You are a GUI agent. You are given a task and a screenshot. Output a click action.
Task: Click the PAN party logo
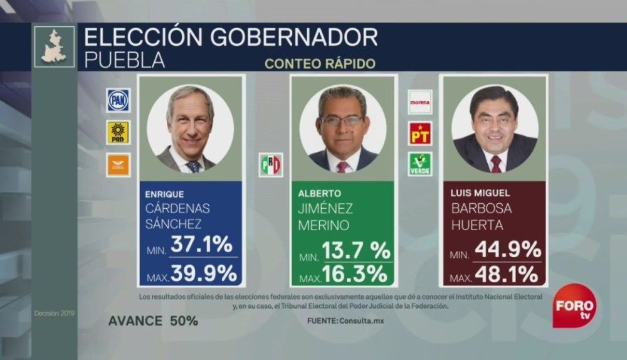pyautogui.click(x=118, y=100)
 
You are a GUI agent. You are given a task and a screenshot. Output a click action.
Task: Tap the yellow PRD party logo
pyautogui.click(x=118, y=132)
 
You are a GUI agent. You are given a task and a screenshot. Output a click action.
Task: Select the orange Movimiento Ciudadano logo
pyautogui.click(x=118, y=164)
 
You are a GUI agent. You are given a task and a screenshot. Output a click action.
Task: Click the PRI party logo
pyautogui.click(x=271, y=164)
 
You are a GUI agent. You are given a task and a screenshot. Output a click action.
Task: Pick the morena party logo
pyautogui.click(x=420, y=101)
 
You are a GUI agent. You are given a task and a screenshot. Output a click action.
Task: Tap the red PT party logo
pyautogui.click(x=420, y=133)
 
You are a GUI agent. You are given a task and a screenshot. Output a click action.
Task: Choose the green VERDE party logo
pyautogui.click(x=420, y=164)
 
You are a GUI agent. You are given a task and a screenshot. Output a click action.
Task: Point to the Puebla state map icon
pyautogui.click(x=54, y=46)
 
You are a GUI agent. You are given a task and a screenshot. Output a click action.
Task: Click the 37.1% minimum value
pyautogui.click(x=202, y=245)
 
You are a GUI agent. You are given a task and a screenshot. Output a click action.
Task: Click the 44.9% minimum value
pyautogui.click(x=507, y=249)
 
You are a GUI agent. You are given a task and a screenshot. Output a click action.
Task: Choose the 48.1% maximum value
pyautogui.click(x=507, y=274)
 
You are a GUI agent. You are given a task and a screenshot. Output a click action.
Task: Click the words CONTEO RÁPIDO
pyautogui.click(x=320, y=63)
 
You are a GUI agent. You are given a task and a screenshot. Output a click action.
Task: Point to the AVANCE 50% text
pyautogui.click(x=153, y=320)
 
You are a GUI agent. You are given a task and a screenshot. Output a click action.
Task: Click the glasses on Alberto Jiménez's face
pyautogui.click(x=342, y=120)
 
